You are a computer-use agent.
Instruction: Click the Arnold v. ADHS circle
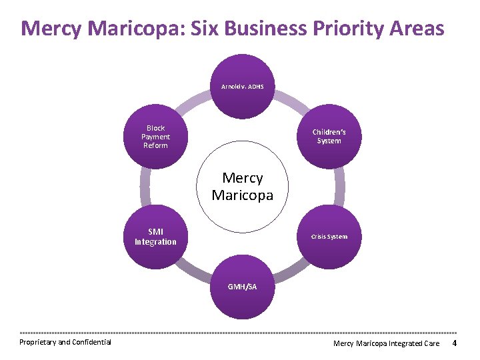coord(243,86)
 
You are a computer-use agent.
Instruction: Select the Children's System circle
coord(329,137)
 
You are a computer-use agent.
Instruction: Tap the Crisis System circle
coord(329,237)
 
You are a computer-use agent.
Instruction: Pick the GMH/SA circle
coord(243,287)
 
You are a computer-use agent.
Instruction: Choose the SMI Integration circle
coord(155,237)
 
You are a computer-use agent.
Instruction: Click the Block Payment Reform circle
coord(155,137)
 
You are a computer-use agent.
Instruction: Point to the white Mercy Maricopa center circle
coord(243,187)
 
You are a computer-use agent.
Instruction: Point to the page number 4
coord(454,343)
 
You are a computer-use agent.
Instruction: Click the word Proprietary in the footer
coord(37,343)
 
